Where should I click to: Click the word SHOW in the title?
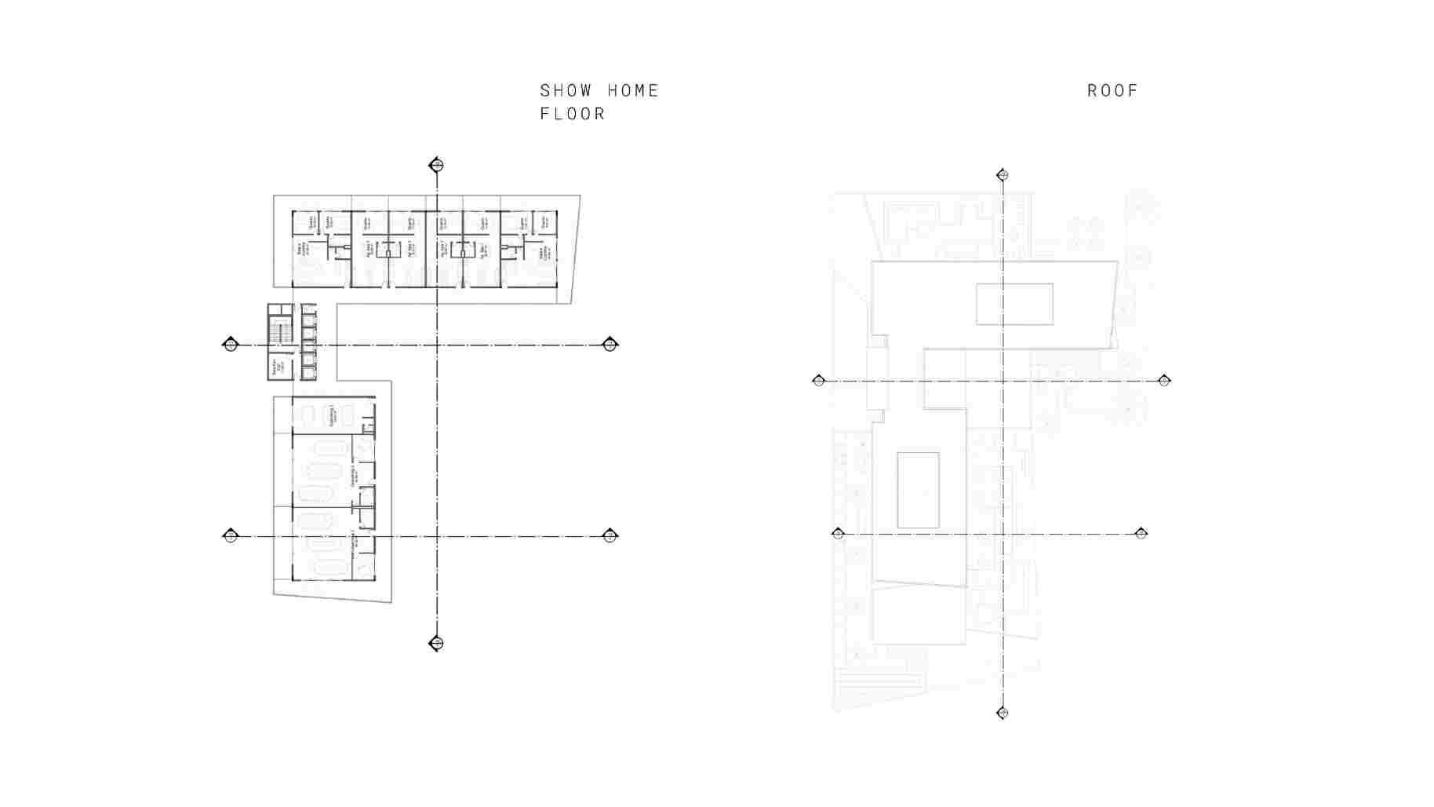pyautogui.click(x=566, y=91)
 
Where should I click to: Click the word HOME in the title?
pyautogui.click(x=633, y=91)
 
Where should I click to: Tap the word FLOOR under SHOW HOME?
pyautogui.click(x=573, y=115)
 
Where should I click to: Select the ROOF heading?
pyautogui.click(x=1112, y=91)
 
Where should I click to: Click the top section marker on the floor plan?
pyautogui.click(x=437, y=165)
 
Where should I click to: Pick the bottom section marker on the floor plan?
pyautogui.click(x=437, y=644)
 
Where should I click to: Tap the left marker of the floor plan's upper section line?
pyautogui.click(x=231, y=345)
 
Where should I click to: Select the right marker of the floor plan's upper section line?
pyautogui.click(x=610, y=345)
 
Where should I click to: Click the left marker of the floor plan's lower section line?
pyautogui.click(x=231, y=536)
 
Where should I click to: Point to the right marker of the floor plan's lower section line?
pyautogui.click(x=610, y=536)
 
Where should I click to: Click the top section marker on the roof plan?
pyautogui.click(x=1002, y=175)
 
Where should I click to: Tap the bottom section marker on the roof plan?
pyautogui.click(x=1002, y=713)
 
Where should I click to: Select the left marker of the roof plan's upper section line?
pyautogui.click(x=819, y=381)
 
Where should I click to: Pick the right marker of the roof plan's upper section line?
pyautogui.click(x=1164, y=381)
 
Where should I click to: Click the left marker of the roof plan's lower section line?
pyautogui.click(x=838, y=534)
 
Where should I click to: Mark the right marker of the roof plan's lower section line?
pyautogui.click(x=1141, y=534)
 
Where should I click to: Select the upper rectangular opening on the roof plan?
pyautogui.click(x=1014, y=304)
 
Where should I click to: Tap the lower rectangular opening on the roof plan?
pyautogui.click(x=918, y=490)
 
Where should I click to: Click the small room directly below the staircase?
pyautogui.click(x=280, y=368)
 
